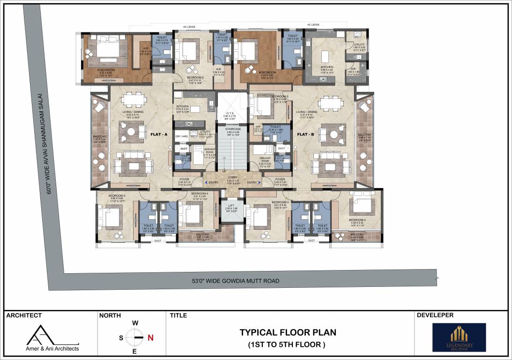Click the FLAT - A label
(159, 134)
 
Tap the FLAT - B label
(304, 134)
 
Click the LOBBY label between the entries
(233, 177)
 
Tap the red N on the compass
(150, 337)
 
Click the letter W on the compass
(135, 323)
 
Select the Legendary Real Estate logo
(459, 337)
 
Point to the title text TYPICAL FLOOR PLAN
(288, 332)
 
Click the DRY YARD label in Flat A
(181, 136)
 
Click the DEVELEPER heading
(435, 315)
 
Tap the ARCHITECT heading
(24, 315)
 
